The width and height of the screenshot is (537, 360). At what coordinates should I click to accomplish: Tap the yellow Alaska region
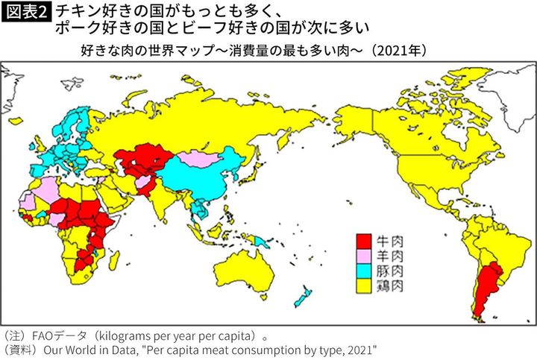[x=351, y=119]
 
